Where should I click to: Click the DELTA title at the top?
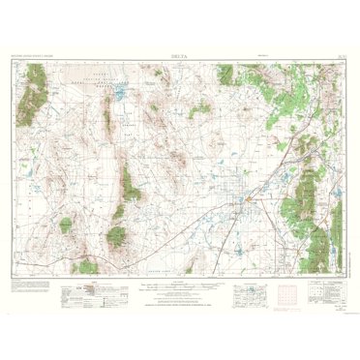coord(180,56)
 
